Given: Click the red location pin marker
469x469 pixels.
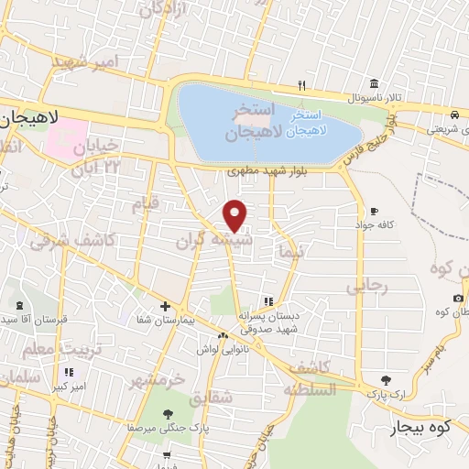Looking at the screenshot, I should click(x=235, y=213).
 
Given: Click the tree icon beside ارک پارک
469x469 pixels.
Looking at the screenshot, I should click(x=386, y=380).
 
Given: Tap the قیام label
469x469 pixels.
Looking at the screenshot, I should click(x=145, y=204).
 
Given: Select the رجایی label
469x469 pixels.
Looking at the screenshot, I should click(x=367, y=286).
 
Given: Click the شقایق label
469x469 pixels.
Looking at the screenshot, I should click(x=213, y=400).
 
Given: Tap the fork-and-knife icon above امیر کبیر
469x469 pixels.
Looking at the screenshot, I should click(x=69, y=372).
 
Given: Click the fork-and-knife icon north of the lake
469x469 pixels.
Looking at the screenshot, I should click(x=300, y=86).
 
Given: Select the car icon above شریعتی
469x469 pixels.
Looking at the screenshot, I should click(x=455, y=115).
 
